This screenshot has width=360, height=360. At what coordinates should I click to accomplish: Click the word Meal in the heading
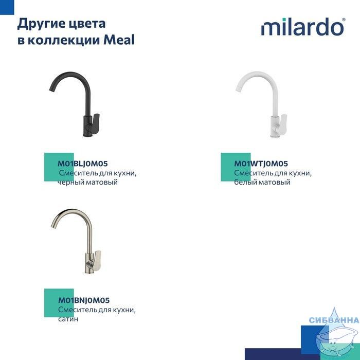[x=119, y=40]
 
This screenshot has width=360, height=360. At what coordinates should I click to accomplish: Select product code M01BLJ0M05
[x=83, y=164]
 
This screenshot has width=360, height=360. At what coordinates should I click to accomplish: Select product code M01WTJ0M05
[x=261, y=164]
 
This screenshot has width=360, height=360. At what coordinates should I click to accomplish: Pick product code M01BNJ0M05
[x=84, y=300]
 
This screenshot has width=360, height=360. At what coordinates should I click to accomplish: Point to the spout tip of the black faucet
[x=51, y=90]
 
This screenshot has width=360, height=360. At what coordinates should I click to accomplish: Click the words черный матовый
[x=87, y=182]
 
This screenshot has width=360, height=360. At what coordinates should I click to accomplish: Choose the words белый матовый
[x=262, y=182]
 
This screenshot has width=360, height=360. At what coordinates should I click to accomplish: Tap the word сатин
[x=68, y=319]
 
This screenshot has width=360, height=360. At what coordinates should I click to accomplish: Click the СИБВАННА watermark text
[x=334, y=320]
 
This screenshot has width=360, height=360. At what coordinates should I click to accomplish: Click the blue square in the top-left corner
[x=7, y=7]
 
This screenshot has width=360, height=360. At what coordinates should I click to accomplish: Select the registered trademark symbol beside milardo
[x=344, y=20]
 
